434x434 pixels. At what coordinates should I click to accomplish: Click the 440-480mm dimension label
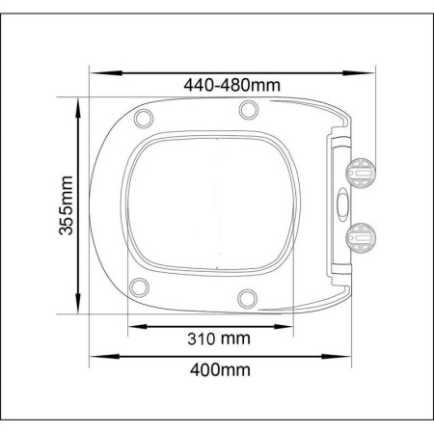pos(231,85)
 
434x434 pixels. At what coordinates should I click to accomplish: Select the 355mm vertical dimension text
pos(67,205)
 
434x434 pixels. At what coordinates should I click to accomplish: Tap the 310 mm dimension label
pos(219,339)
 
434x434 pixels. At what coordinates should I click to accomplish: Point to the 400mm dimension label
pos(220,369)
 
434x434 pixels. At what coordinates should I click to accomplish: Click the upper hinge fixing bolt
pos(361,173)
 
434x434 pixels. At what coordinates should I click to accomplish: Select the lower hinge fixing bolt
pos(361,238)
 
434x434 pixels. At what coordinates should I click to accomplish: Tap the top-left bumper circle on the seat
pos(144,119)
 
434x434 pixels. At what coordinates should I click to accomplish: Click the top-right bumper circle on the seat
pos(249,110)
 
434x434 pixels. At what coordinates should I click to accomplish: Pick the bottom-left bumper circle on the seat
pos(139,286)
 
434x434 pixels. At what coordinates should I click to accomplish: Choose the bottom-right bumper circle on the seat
pos(247,298)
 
